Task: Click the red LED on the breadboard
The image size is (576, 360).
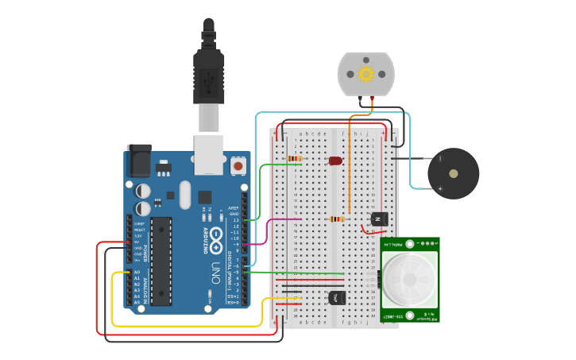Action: click(x=335, y=161)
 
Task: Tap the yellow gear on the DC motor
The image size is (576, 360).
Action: click(x=365, y=74)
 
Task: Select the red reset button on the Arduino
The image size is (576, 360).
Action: click(x=238, y=167)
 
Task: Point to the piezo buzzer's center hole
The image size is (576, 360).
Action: click(x=453, y=173)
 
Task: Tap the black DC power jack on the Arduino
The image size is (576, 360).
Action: click(x=139, y=161)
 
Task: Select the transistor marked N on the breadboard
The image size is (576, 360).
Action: click(x=378, y=219)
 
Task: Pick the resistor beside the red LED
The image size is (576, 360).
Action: click(x=295, y=159)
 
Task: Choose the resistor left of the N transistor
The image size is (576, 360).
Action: click(x=338, y=219)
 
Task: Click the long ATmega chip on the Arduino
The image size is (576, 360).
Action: click(x=161, y=261)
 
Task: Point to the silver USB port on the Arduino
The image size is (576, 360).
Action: click(x=210, y=153)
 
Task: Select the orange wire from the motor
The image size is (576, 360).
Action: click(x=350, y=159)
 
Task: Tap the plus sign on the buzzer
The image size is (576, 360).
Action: click(x=439, y=188)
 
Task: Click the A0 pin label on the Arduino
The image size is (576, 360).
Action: click(x=137, y=272)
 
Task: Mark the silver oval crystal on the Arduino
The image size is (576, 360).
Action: click(x=185, y=195)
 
